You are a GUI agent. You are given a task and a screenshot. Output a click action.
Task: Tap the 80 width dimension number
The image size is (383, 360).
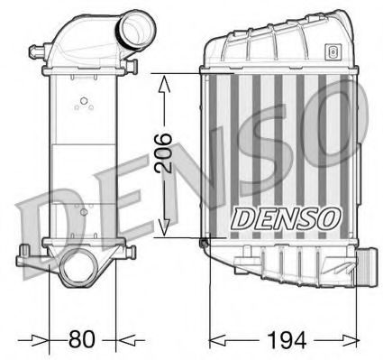point(82,340)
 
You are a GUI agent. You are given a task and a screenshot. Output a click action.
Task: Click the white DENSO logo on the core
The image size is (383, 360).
point(286,217)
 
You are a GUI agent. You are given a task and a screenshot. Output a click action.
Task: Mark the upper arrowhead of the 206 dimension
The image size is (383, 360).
point(164,83)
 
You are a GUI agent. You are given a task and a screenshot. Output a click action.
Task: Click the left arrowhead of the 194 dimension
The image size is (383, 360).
point(217,341)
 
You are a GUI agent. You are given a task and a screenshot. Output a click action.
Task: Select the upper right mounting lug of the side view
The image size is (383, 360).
point(132,65)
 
